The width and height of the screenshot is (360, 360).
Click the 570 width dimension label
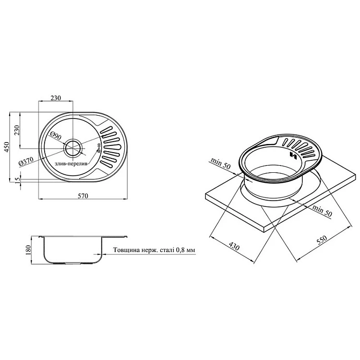83,196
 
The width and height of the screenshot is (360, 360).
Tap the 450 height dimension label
6,147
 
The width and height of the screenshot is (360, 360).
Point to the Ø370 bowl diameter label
26,161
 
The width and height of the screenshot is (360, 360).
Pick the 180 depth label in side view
28,250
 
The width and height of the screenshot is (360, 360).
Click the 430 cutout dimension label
234,246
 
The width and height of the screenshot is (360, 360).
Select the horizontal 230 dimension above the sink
56,98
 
